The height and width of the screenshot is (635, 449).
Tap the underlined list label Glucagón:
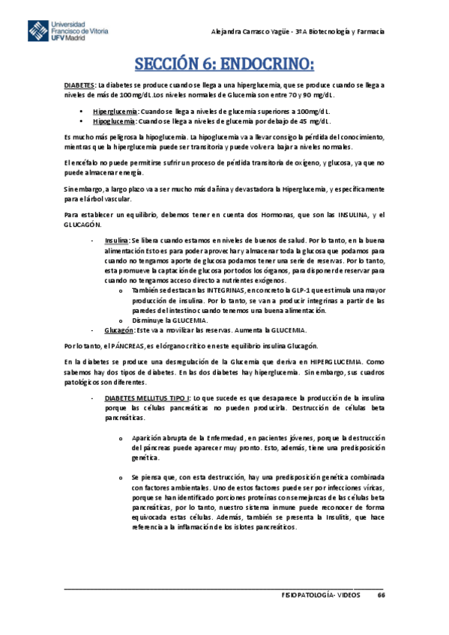pos(119,330)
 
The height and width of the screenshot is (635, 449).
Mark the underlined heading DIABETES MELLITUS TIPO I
pos(148,398)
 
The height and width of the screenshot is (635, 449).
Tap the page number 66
pos(381,594)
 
